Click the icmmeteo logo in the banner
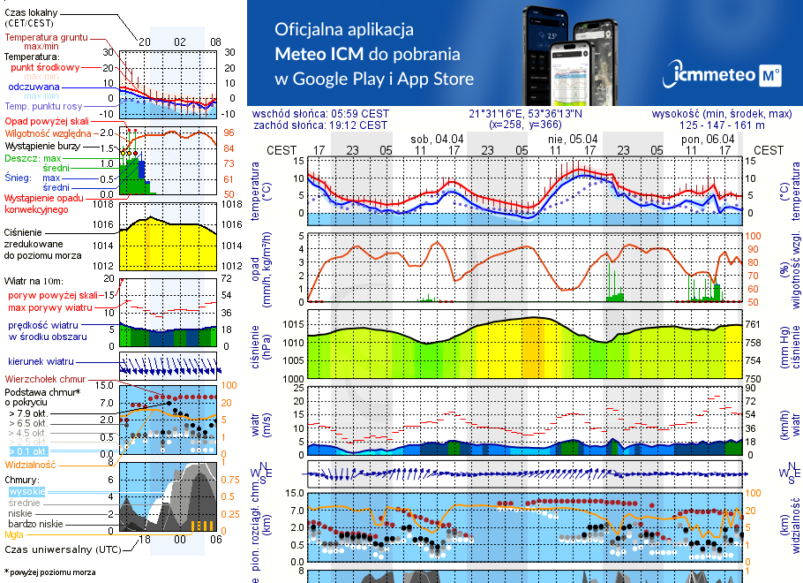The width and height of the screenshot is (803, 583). (726, 75)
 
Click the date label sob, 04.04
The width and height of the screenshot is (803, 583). (437, 139)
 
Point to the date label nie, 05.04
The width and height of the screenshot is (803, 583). (573, 139)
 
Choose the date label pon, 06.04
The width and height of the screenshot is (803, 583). (708, 139)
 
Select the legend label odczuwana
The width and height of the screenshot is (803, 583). (34, 87)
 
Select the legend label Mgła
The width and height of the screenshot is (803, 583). (14, 534)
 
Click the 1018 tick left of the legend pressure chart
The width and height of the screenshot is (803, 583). (104, 205)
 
